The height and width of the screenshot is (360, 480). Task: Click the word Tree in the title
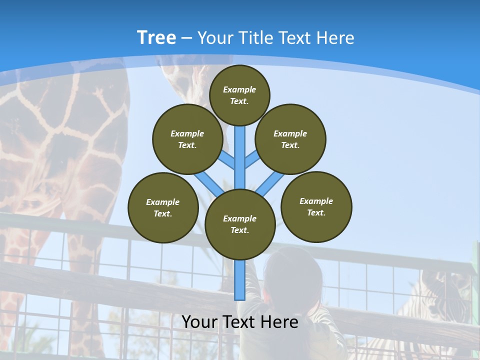coord(156,38)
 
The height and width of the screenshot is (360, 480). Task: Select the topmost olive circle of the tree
coord(239,95)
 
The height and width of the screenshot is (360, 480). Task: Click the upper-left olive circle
coord(187,139)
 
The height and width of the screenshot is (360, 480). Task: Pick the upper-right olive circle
coord(290,139)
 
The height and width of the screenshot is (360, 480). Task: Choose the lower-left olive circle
coord(163,208)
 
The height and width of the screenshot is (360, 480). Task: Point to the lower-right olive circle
coord(316,207)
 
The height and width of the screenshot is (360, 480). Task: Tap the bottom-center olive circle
coord(240,224)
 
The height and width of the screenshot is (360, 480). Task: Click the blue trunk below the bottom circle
coord(240,280)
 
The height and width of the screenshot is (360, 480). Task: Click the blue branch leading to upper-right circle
coord(252,159)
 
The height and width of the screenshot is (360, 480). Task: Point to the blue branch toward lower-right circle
coord(270,183)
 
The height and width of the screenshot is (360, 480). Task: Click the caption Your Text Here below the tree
coord(240,322)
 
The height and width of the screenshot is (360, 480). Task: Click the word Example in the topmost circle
coord(239,89)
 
